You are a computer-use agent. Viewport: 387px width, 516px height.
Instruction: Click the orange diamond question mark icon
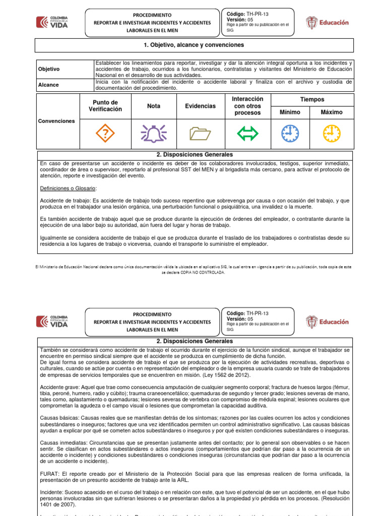pyautogui.click(x=105, y=134)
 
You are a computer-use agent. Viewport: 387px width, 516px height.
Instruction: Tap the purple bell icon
pyautogui.click(x=154, y=134)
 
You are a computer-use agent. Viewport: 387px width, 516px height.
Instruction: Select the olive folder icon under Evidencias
pyautogui.click(x=200, y=134)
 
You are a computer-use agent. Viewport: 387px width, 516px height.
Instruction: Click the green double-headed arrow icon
pyautogui.click(x=247, y=134)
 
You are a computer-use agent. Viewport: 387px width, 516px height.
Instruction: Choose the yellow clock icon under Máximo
pyautogui.click(x=331, y=134)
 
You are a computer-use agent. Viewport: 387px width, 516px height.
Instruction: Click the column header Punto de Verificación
pyautogui.click(x=105, y=106)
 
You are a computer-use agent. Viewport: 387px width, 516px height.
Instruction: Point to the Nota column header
pyautogui.click(x=154, y=106)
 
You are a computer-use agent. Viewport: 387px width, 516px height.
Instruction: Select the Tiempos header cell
pyautogui.click(x=312, y=100)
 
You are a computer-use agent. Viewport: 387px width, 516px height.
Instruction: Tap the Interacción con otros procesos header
pyautogui.click(x=247, y=106)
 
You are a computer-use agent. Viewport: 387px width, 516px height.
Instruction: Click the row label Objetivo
pyautogui.click(x=49, y=69)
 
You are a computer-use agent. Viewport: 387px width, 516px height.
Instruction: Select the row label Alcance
pyautogui.click(x=48, y=85)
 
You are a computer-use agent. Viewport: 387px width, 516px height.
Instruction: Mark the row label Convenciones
pyautogui.click(x=56, y=121)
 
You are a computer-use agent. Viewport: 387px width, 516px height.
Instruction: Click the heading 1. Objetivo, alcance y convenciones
pyautogui.click(x=193, y=45)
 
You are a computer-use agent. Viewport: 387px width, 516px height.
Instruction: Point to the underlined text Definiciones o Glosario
pyautogui.click(x=68, y=187)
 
